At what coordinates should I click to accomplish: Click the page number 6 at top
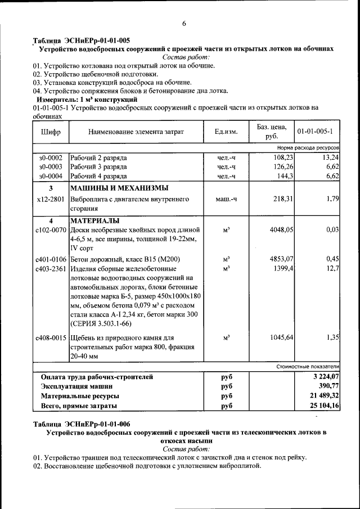(183, 23)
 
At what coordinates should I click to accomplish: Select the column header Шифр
(51, 132)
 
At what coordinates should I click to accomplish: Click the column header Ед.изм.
(226, 132)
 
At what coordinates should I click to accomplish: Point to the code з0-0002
(51, 157)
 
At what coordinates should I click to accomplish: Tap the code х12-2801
(51, 199)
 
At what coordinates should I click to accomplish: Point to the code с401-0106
(51, 259)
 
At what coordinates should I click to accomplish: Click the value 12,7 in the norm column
(331, 268)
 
